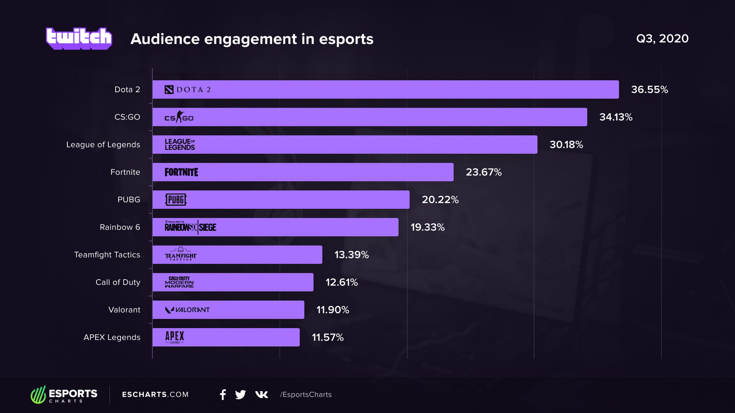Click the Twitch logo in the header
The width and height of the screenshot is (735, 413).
(x=79, y=38)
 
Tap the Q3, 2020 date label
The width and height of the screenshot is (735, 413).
(x=662, y=39)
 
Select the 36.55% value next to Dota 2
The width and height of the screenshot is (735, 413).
(x=649, y=89)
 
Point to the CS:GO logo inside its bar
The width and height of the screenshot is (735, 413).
(x=179, y=117)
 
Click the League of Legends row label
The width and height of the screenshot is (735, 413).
(x=103, y=145)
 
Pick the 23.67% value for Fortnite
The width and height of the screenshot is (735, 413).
(x=483, y=172)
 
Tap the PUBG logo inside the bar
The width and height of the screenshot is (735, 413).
(x=176, y=200)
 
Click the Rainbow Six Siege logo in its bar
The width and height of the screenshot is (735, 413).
(x=190, y=227)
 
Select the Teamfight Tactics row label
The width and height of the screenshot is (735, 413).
(x=107, y=255)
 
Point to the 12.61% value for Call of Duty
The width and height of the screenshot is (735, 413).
(x=341, y=282)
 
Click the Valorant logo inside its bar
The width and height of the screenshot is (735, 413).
(x=187, y=310)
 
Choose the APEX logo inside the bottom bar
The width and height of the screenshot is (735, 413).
(x=175, y=337)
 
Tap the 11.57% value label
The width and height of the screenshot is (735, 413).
(x=328, y=337)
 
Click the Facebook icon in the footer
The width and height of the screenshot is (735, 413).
(x=223, y=395)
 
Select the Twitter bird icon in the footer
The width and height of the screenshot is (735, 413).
(x=240, y=395)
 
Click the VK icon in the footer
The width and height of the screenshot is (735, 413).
(x=261, y=395)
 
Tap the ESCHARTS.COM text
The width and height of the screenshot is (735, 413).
(x=155, y=395)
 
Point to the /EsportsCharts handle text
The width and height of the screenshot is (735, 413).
(x=305, y=395)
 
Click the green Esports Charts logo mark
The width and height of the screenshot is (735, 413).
(x=38, y=395)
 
